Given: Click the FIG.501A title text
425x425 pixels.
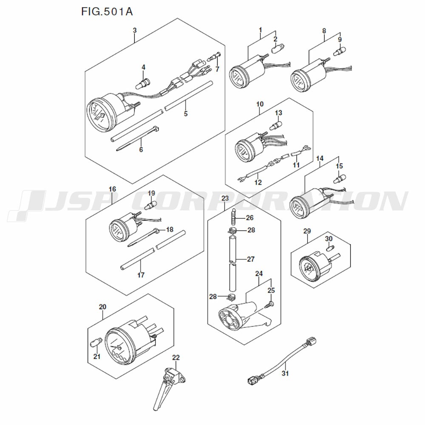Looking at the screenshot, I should (107, 11).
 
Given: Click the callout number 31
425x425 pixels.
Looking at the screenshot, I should (285, 374).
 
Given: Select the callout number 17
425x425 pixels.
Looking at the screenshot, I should (141, 275).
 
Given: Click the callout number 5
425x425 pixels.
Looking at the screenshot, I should (185, 113).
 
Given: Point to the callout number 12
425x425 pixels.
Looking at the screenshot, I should (258, 183).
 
